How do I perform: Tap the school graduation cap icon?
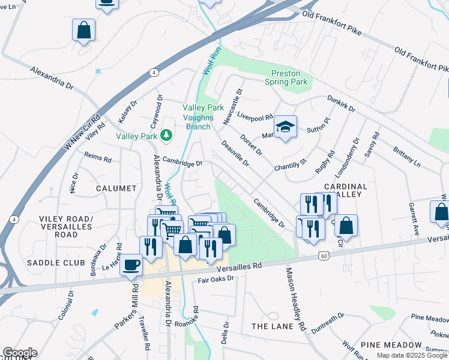(x=285, y=127)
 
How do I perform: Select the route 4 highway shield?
(x=154, y=73)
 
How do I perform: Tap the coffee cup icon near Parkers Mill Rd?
(x=131, y=265)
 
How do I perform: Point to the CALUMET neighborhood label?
(x=116, y=188)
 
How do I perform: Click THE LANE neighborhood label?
(x=273, y=326)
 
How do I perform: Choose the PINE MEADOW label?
(x=391, y=345)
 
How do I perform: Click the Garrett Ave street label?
(x=413, y=217)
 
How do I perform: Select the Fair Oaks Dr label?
(x=215, y=279)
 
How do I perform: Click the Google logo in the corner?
(x=19, y=353)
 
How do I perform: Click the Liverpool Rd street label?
(x=255, y=115)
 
